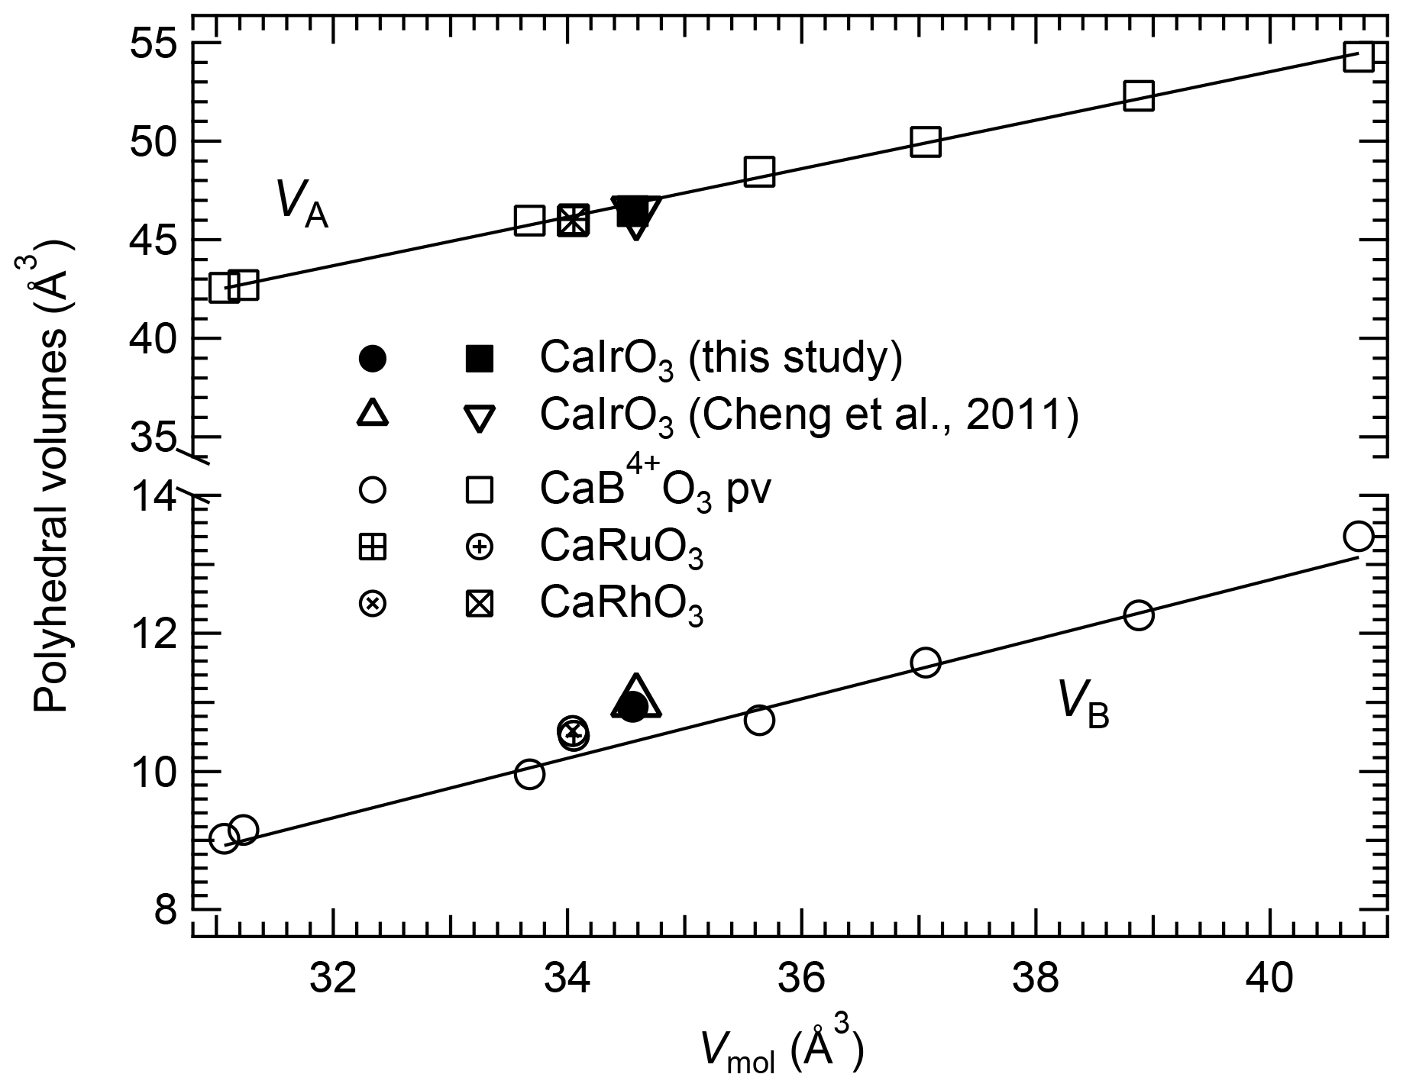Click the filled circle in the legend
click(373, 358)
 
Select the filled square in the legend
click(480, 358)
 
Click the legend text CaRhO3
click(621, 605)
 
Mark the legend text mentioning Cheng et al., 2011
click(810, 415)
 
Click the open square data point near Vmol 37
click(926, 142)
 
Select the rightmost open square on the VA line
click(1359, 56)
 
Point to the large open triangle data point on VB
click(636, 698)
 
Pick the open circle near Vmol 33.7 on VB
click(529, 774)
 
